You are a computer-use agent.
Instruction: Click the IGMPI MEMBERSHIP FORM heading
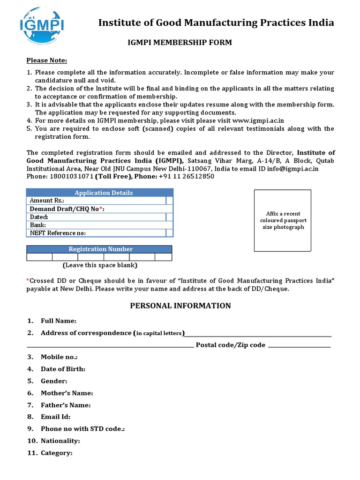pyautogui.click(x=180, y=43)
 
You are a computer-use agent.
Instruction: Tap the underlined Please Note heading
pyautogui.click(x=46, y=60)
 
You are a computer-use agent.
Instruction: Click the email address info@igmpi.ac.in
pyautogui.click(x=292, y=168)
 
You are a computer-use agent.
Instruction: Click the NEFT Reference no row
pyautogui.click(x=58, y=233)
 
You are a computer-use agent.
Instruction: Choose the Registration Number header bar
pyautogui.click(x=100, y=249)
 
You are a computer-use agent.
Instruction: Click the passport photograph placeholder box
pyautogui.click(x=282, y=220)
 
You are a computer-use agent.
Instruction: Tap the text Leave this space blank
pyautogui.click(x=100, y=265)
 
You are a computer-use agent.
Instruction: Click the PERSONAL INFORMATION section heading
pyautogui.click(x=180, y=306)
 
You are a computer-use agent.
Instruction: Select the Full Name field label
pyautogui.click(x=58, y=321)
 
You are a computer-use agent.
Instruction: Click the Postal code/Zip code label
pyautogui.click(x=230, y=345)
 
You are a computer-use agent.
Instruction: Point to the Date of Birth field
pyautogui.click(x=63, y=369)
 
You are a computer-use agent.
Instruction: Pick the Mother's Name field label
pyautogui.click(x=67, y=393)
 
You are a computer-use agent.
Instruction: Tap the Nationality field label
pyautogui.click(x=60, y=441)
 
